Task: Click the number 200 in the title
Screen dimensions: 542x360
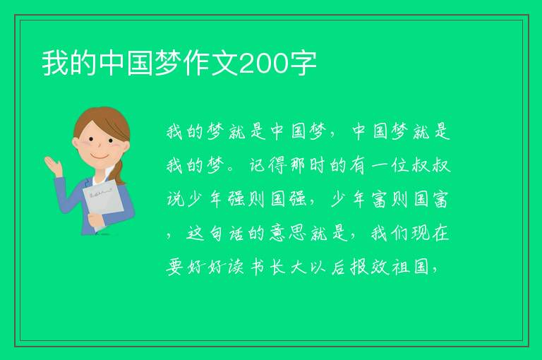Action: (x=263, y=64)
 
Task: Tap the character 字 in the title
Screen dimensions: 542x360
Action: (x=303, y=64)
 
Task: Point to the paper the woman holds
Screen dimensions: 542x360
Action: (x=103, y=205)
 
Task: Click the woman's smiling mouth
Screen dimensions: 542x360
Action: (x=100, y=157)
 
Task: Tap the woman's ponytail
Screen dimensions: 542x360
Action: (x=119, y=173)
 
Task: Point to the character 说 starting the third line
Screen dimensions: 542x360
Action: (x=176, y=199)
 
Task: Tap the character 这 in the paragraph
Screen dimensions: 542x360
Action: (x=195, y=233)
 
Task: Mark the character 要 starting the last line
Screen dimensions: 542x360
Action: (x=175, y=268)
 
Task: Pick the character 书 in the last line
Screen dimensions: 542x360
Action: (x=258, y=268)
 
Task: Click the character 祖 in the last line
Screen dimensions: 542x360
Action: (x=401, y=268)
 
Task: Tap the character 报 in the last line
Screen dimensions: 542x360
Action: (x=359, y=268)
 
